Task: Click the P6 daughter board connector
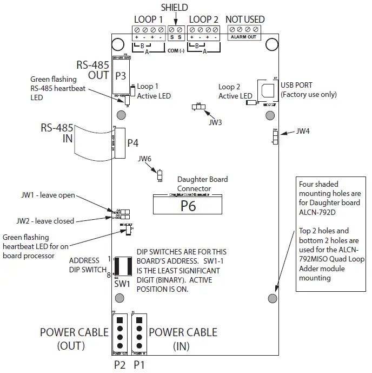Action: pyautogui.click(x=188, y=206)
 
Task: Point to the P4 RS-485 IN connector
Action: pyautogui.click(x=118, y=143)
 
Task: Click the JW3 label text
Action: pyautogui.click(x=216, y=122)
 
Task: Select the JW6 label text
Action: pyautogui.click(x=145, y=159)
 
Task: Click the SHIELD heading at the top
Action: pyautogui.click(x=175, y=7)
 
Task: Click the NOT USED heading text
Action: pyautogui.click(x=245, y=19)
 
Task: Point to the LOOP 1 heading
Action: pyautogui.click(x=148, y=19)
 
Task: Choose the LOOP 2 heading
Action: pyautogui.click(x=203, y=19)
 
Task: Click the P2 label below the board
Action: pyautogui.click(x=120, y=364)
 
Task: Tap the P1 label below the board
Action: pyautogui.click(x=139, y=364)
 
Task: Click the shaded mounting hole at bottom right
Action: pyautogui.click(x=273, y=298)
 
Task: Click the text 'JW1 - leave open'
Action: pyautogui.click(x=48, y=195)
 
